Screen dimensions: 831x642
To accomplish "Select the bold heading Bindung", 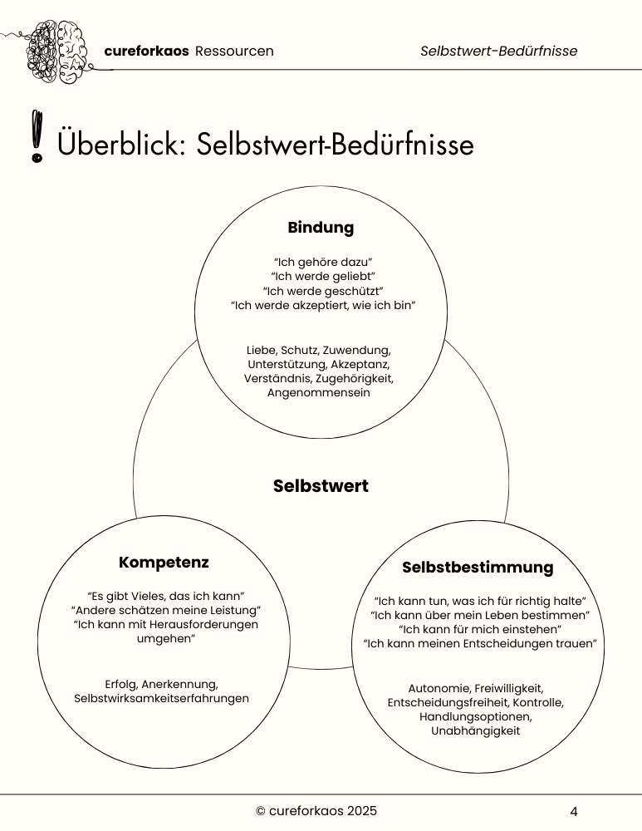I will [321, 227].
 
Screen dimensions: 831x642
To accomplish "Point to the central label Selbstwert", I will [321, 486].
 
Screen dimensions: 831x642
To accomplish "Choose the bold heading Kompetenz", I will [164, 563].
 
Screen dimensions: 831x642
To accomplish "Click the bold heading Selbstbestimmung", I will [477, 568].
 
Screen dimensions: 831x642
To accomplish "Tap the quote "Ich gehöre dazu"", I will [322, 261].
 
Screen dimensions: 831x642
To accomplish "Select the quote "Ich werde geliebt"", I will [322, 276].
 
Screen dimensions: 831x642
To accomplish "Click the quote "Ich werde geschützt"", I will [322, 291].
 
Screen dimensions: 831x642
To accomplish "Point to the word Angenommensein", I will [319, 393].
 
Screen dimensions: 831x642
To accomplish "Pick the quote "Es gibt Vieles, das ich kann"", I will [164, 596].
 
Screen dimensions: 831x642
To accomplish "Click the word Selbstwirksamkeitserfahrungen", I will [161, 699].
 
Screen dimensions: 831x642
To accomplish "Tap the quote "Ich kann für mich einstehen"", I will [480, 629].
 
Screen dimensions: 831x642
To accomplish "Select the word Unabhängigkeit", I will [475, 730].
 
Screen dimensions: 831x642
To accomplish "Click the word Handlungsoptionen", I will [475, 716].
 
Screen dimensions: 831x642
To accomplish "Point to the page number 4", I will [574, 812].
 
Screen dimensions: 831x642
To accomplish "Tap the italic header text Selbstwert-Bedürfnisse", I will [498, 52].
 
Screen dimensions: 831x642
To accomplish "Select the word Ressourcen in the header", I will [234, 52].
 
